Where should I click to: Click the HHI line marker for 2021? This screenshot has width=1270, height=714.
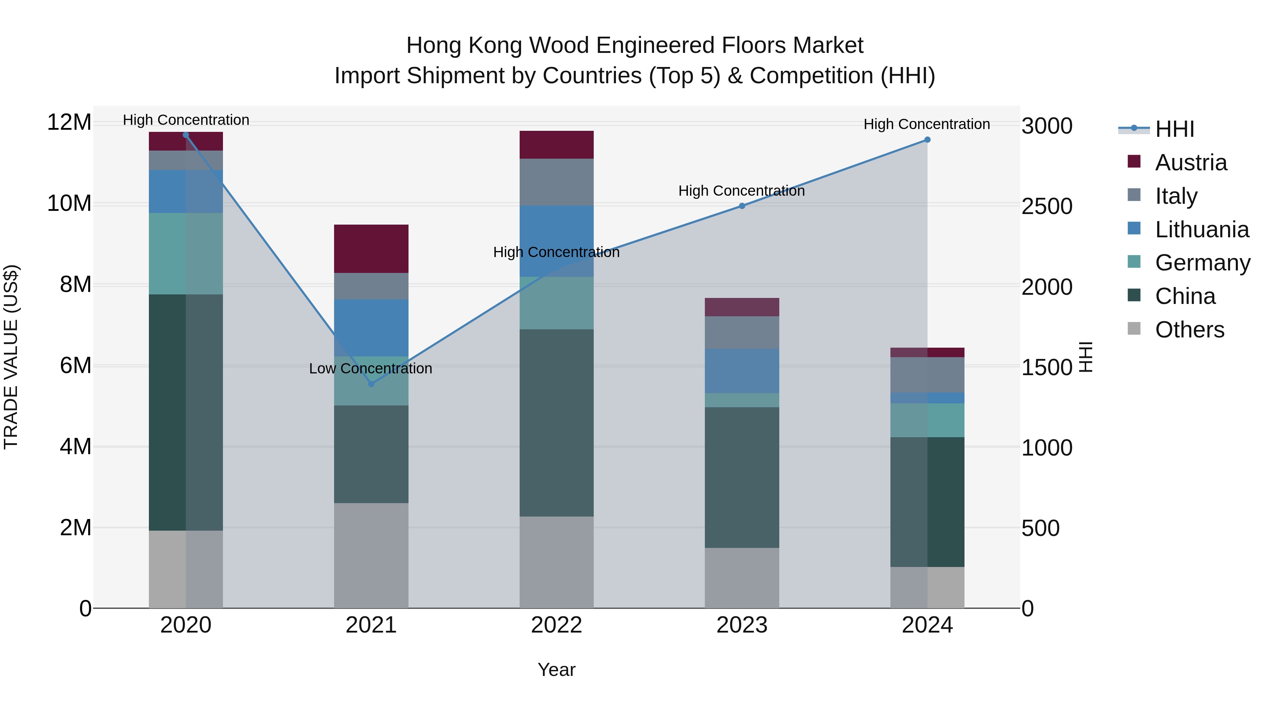pos(371,384)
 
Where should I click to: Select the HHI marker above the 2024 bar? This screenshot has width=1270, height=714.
pos(927,140)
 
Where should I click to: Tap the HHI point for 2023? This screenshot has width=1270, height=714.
pos(742,206)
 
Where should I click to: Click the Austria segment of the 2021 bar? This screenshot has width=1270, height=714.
pos(371,249)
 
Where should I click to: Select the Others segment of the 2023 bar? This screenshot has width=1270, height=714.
pos(742,578)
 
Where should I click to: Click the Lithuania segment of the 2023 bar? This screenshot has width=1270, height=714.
pos(742,371)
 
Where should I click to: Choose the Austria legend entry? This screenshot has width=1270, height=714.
pos(1191,163)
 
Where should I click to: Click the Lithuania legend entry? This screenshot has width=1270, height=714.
pos(1202,230)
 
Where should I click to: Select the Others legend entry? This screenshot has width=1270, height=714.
pos(1189,330)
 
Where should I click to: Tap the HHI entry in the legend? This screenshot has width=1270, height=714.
pos(1174,129)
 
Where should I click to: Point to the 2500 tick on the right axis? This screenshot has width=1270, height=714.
pos(1046,207)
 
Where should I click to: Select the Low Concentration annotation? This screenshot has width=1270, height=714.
pos(370,368)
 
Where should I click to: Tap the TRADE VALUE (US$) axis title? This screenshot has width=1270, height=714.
pos(11,357)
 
